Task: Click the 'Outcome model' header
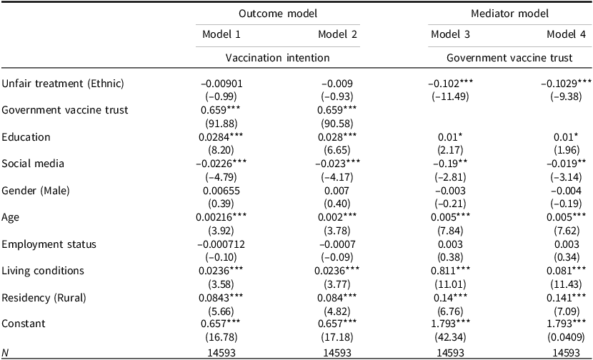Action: (x=278, y=14)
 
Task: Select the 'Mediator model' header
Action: (x=509, y=14)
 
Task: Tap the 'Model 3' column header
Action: (x=450, y=34)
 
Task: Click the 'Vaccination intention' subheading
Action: (x=278, y=57)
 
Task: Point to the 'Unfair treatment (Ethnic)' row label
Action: (x=63, y=84)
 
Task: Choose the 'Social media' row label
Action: (x=33, y=164)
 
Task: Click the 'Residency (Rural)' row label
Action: (x=44, y=298)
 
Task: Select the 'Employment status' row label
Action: (x=49, y=244)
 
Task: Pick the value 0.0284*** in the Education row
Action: (x=221, y=137)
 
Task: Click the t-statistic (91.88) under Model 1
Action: (x=221, y=124)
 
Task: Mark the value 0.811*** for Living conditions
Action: (x=450, y=271)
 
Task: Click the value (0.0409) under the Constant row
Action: (x=566, y=337)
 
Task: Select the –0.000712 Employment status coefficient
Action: (x=221, y=244)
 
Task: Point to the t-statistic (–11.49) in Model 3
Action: (x=450, y=97)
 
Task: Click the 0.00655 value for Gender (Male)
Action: (x=221, y=191)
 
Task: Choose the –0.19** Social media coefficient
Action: (x=450, y=164)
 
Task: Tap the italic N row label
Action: (x=5, y=353)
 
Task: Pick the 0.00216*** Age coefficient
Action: (x=221, y=217)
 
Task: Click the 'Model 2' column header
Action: (x=337, y=34)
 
